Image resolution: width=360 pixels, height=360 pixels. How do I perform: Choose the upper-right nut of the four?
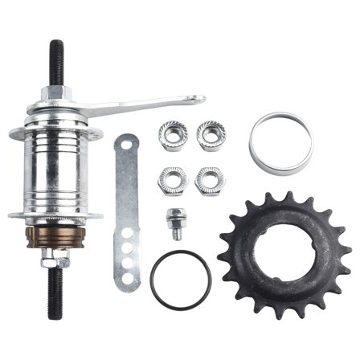point(211,135)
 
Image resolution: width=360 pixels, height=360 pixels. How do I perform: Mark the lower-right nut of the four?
point(209,180)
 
